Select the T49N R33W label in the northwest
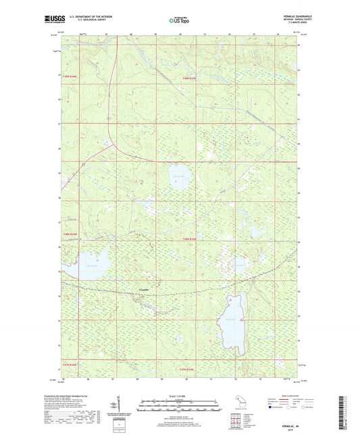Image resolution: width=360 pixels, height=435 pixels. (x=72, y=78)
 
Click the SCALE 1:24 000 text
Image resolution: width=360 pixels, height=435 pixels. (x=179, y=395)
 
